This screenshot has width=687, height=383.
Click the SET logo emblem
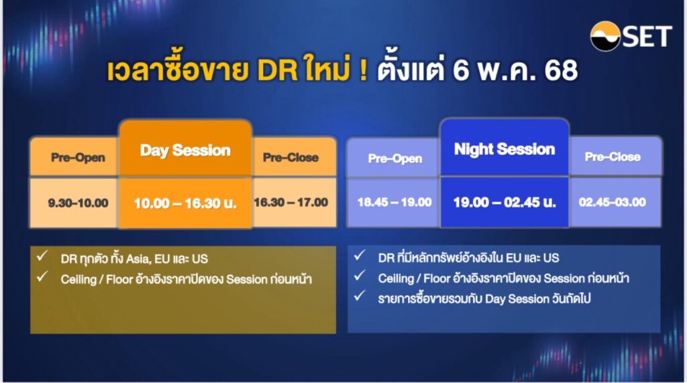605,36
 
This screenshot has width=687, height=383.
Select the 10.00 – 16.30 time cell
185,203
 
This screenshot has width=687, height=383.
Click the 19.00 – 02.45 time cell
505,202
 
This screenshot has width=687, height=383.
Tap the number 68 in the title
562,70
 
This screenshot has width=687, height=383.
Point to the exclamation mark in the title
363,70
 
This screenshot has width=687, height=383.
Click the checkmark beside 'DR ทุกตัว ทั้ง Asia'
42,256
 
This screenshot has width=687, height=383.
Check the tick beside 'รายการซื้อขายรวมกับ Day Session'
360,296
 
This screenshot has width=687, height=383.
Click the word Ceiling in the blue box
396,278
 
